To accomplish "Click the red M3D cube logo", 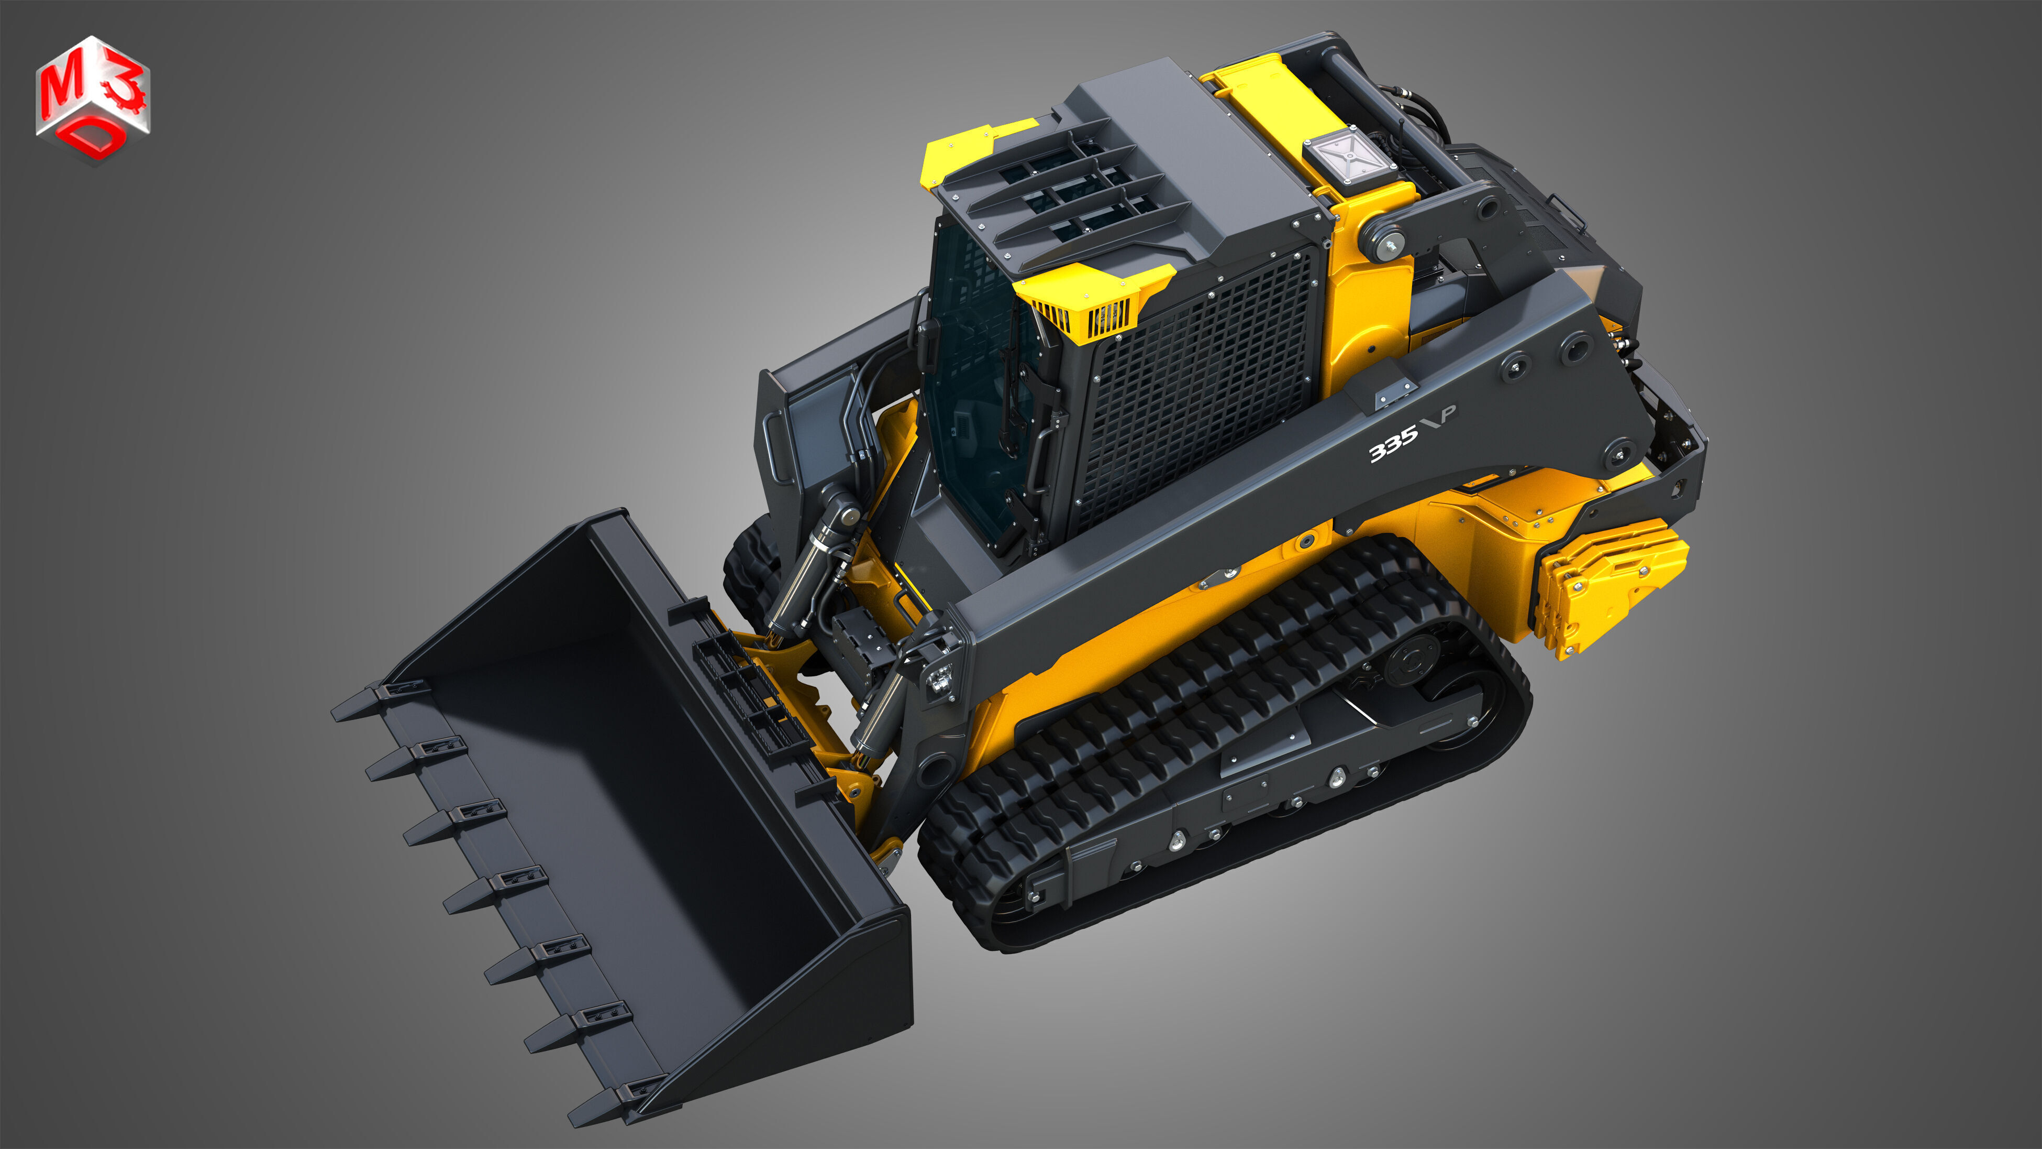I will click(x=92, y=99).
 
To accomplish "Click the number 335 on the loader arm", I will click(x=1394, y=449).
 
